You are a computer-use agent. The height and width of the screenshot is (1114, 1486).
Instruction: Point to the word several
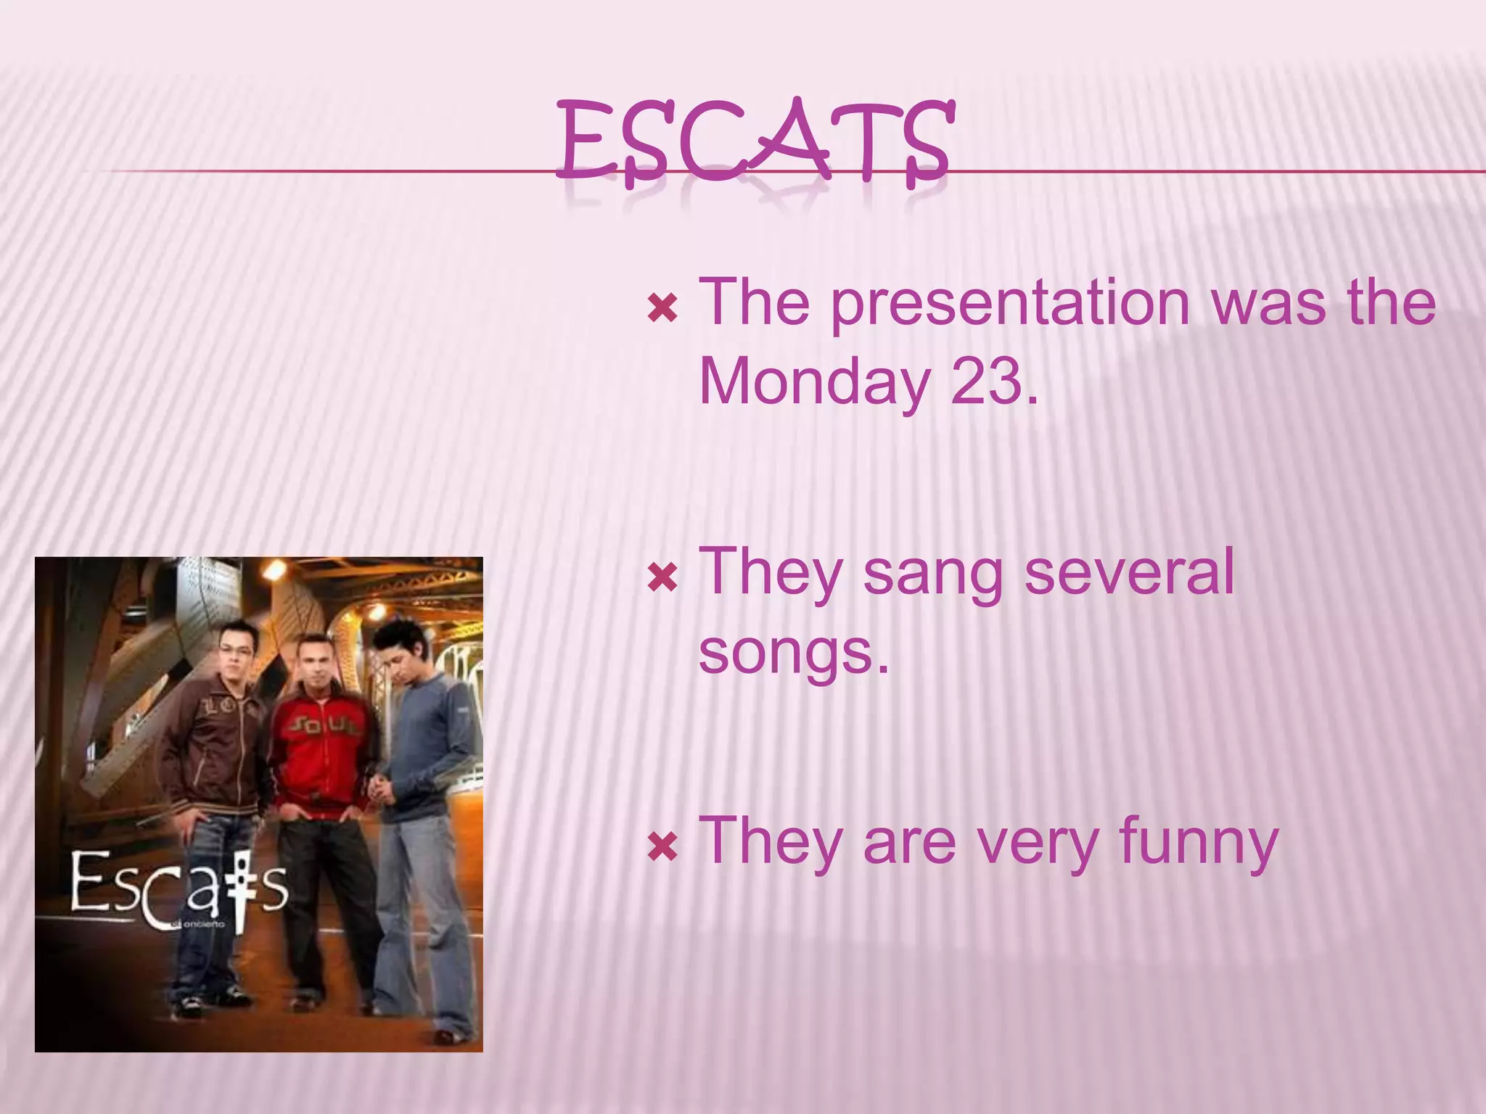[1129, 573]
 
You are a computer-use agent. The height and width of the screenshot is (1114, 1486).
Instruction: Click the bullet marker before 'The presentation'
[662, 308]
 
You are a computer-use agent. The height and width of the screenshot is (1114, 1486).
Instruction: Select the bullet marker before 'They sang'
[662, 578]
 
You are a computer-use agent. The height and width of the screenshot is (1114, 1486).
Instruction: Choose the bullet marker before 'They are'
[662, 846]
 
